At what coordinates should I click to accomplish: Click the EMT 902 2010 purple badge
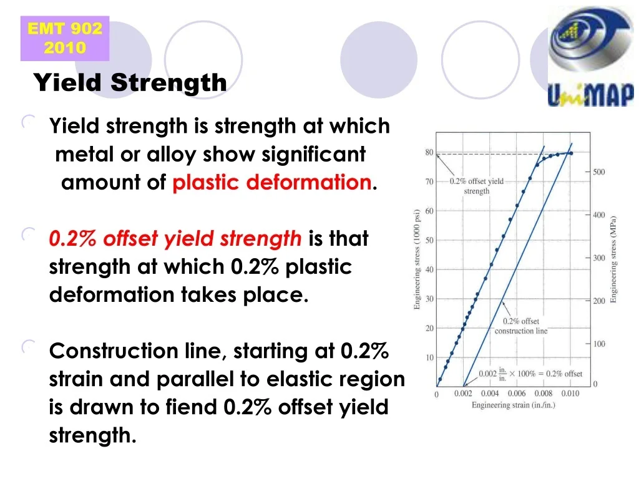(65, 38)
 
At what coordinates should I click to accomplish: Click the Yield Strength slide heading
(130, 82)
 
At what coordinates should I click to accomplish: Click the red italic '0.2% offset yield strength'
(175, 238)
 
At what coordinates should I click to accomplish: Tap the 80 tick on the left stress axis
(429, 152)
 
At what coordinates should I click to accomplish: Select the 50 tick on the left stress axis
(429, 240)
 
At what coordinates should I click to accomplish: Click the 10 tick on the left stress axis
(429, 358)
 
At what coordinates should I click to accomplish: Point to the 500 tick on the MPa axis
(598, 172)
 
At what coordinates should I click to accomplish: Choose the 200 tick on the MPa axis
(598, 301)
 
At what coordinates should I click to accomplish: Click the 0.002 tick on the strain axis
(463, 394)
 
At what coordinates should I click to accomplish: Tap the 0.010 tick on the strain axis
(570, 394)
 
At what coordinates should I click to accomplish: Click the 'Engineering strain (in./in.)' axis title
(513, 405)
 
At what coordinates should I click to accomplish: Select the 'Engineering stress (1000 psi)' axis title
(417, 259)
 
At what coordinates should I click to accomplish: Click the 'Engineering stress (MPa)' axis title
(614, 259)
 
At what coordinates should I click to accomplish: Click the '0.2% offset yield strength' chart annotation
(477, 186)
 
